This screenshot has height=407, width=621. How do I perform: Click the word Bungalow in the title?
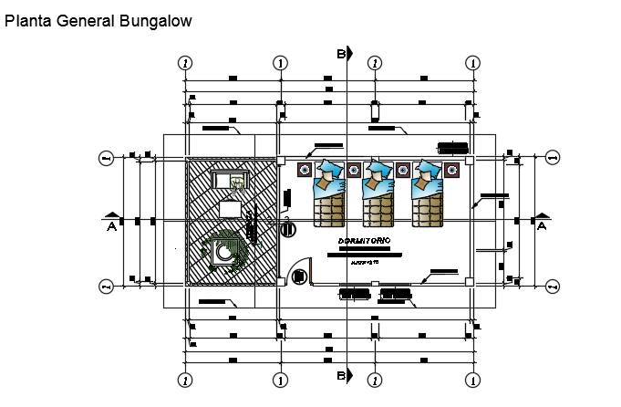pyautogui.click(x=156, y=22)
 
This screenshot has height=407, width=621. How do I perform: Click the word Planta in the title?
pyautogui.click(x=27, y=22)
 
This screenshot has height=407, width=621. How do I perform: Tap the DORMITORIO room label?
pyautogui.click(x=365, y=240)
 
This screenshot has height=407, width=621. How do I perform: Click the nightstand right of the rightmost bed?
pyautogui.click(x=451, y=169)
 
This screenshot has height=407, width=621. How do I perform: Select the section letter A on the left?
pyautogui.click(x=111, y=225)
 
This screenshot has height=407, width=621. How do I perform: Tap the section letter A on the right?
pyautogui.click(x=542, y=225)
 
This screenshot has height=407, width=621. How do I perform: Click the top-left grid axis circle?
pyautogui.click(x=186, y=63)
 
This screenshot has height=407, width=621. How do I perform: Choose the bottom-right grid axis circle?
pyautogui.click(x=472, y=379)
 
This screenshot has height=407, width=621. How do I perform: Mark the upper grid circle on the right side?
pyautogui.click(x=552, y=158)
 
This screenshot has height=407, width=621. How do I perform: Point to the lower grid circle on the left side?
pyautogui.click(x=106, y=287)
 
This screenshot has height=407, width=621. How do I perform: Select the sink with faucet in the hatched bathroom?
pyautogui.click(x=238, y=182)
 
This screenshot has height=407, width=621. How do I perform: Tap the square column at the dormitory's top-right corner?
pyautogui.click(x=468, y=160)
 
